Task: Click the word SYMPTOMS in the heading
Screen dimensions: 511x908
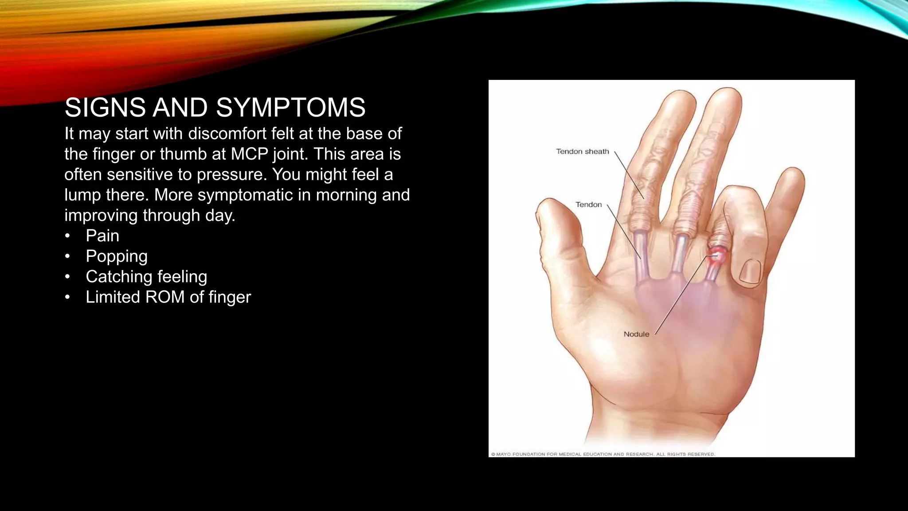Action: pos(290,108)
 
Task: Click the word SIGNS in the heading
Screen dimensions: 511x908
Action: pos(105,108)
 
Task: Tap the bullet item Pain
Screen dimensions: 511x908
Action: pos(102,236)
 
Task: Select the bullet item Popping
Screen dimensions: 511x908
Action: pos(117,256)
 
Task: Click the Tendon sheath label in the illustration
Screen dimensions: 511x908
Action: pos(582,152)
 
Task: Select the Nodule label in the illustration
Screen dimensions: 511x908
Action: pos(636,334)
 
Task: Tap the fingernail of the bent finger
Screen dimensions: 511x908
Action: pos(749,271)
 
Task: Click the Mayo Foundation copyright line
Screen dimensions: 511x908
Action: pos(603,454)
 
